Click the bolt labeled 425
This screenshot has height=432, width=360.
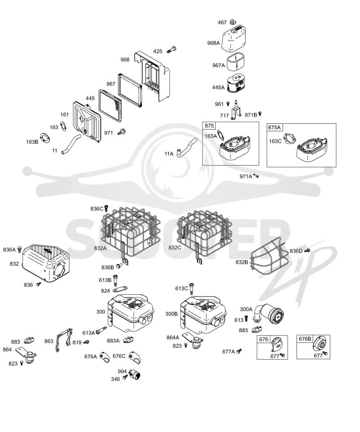[171, 50]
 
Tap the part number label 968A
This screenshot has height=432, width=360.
[213, 43]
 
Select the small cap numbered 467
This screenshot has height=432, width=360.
[233, 22]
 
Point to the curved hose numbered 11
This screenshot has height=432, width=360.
[71, 143]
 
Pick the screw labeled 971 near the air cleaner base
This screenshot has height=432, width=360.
[121, 131]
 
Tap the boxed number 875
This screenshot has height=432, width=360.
[209, 126]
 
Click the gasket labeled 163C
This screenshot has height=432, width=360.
[289, 138]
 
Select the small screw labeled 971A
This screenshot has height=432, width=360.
[256, 175]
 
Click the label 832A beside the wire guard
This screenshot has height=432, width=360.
[100, 248]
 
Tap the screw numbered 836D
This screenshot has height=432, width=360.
[308, 250]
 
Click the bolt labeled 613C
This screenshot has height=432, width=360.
[192, 288]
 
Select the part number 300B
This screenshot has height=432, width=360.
[171, 314]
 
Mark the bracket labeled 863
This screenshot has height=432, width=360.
[63, 339]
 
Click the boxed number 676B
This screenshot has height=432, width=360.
[305, 338]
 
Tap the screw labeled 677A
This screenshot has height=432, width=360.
[239, 351]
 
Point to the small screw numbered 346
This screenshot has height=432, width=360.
[125, 376]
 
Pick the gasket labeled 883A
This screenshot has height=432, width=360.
[128, 340]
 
